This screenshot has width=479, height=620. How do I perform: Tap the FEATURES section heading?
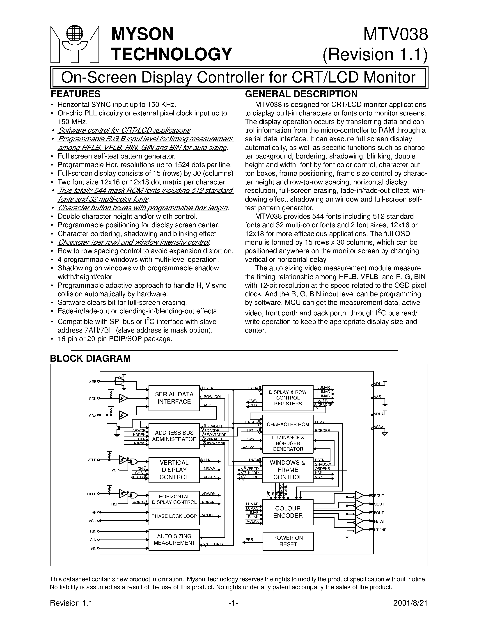[x=76, y=94]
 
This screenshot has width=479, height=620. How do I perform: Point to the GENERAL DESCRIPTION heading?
[x=301, y=94]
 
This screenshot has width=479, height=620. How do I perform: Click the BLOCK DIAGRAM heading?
[x=90, y=358]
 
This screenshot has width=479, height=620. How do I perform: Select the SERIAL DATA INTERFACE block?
[x=174, y=398]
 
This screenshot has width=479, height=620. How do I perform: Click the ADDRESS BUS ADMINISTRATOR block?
[x=174, y=436]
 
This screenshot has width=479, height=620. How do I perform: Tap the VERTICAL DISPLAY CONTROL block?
[x=174, y=470]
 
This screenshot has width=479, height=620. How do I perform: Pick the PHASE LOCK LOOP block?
[x=174, y=516]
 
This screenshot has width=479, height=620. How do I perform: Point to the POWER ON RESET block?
[x=288, y=541]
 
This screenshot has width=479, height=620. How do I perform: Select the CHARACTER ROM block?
[x=288, y=424]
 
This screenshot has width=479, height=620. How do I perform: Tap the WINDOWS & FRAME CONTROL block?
[x=288, y=470]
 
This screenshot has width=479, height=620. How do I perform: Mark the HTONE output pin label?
[x=380, y=530]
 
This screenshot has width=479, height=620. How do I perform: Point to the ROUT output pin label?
[x=379, y=496]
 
